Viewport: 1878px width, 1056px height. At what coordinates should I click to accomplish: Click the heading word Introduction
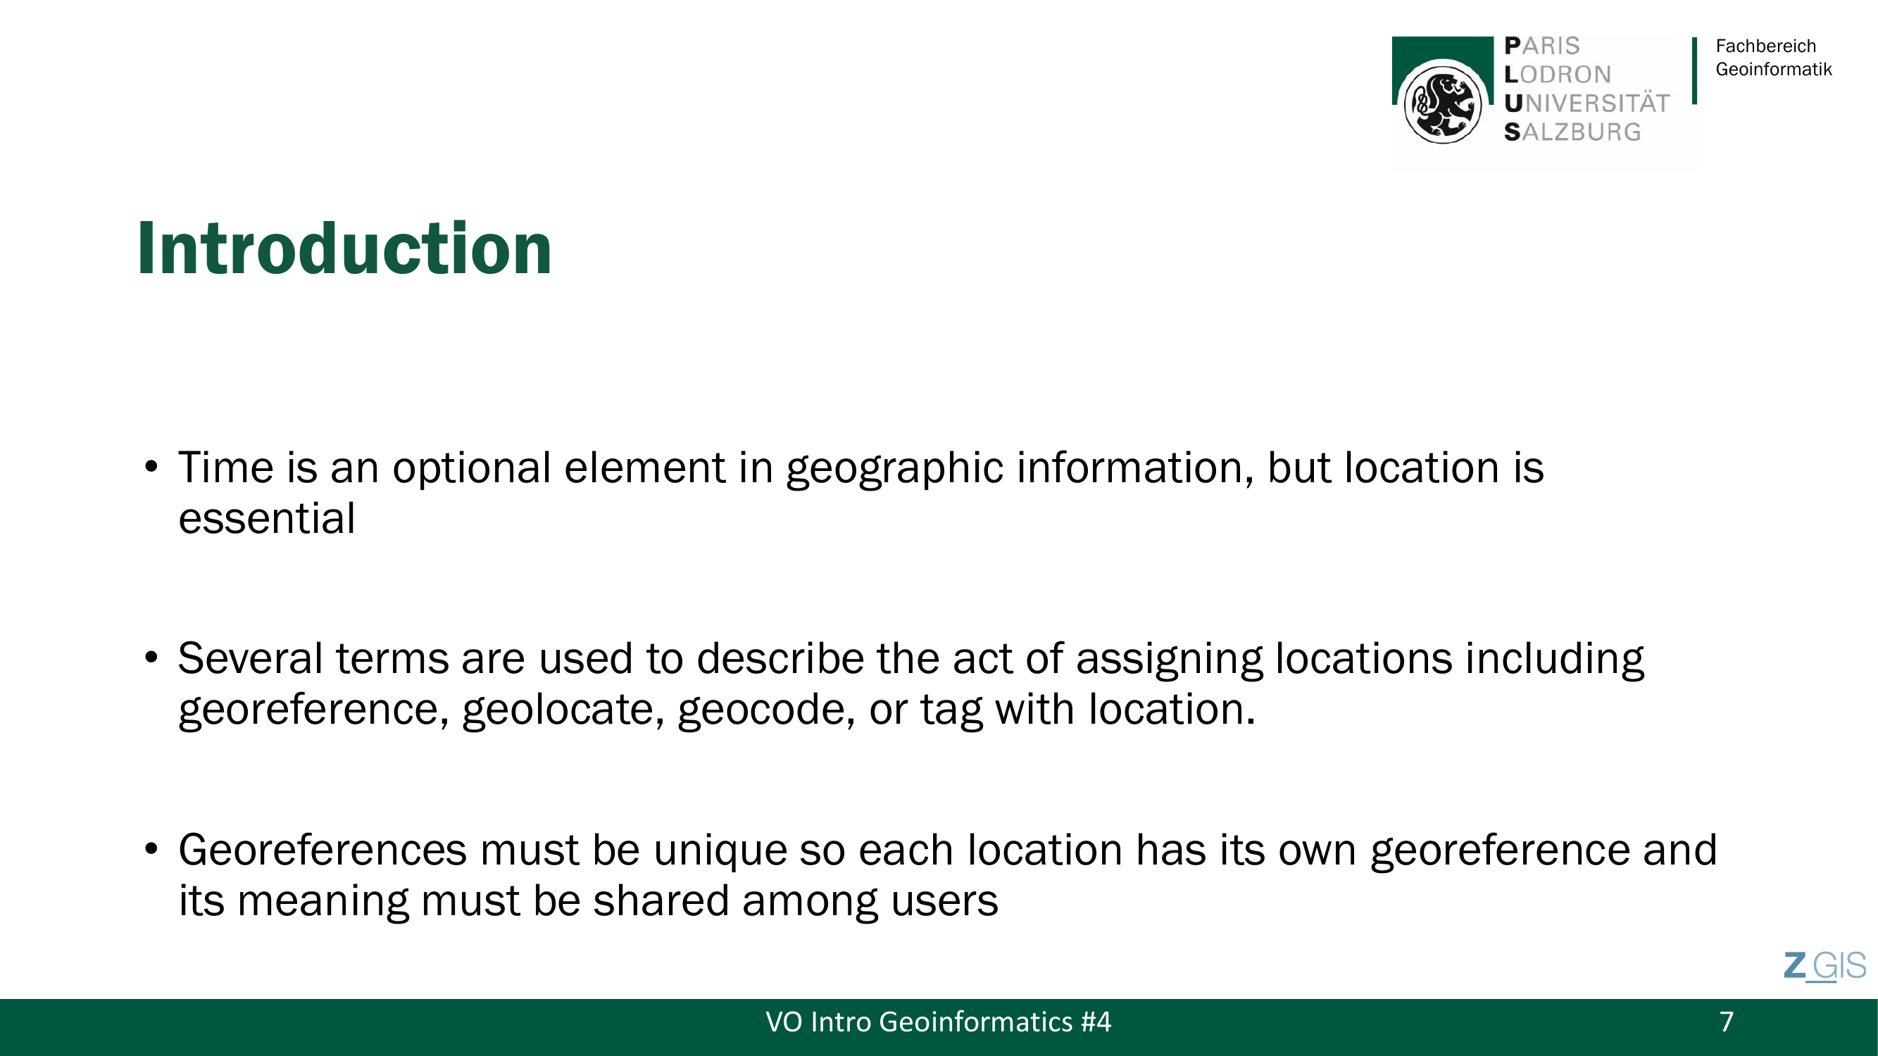coord(344,249)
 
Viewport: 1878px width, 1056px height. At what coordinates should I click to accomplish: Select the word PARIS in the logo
coord(1542,46)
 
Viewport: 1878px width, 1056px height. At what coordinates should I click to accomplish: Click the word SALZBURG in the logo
coord(1572,132)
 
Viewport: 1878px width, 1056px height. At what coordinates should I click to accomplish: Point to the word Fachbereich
coord(1766,46)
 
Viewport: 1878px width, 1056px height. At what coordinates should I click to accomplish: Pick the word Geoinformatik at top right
coord(1774,69)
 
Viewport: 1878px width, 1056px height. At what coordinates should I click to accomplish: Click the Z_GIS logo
coord(1824,967)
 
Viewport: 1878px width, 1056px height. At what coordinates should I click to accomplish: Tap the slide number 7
coord(1727,1022)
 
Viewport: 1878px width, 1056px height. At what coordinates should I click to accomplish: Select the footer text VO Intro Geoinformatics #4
coord(938,1022)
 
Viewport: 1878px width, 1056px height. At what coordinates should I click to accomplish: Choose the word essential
coord(267,518)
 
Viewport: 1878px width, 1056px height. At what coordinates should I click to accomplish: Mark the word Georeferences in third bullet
coord(323,850)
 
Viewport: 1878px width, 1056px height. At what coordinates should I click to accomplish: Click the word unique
coord(720,851)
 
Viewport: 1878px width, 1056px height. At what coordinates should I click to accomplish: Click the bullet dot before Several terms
coord(151,658)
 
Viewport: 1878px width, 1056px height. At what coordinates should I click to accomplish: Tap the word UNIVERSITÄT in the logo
coord(1586,103)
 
